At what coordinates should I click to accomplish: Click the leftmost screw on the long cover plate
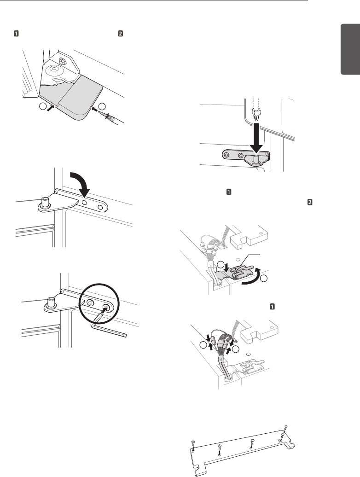[194, 446]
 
